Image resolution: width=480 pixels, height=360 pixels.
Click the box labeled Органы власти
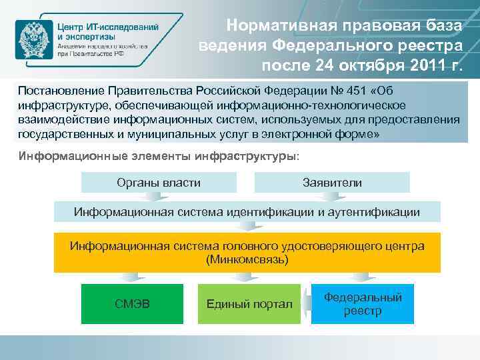coord(159,182)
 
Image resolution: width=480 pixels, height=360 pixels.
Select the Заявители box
coord(332,182)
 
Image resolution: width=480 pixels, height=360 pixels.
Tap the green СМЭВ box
coord(132,304)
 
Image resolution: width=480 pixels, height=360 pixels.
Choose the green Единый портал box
coord(249,304)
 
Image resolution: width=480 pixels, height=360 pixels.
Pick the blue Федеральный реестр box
coord(362,304)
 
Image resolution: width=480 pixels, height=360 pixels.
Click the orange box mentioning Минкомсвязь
coord(247,253)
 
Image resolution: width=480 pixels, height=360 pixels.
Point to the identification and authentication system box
coord(247,212)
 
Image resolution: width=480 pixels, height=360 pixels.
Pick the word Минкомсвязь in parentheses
coord(247,259)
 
